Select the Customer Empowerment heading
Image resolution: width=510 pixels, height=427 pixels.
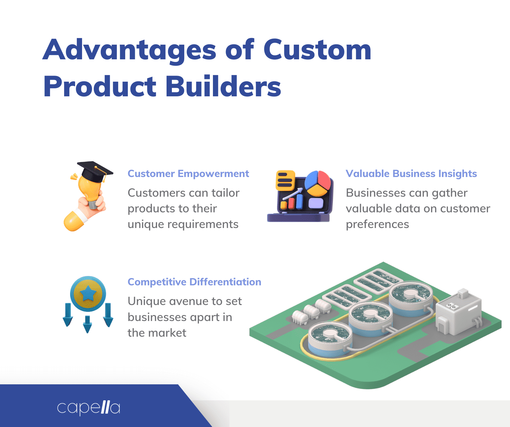coord(188,174)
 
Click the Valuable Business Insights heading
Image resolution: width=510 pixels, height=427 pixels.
coord(411,174)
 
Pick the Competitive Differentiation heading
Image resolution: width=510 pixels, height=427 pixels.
coord(194,282)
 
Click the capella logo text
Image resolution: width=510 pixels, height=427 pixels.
coord(88,407)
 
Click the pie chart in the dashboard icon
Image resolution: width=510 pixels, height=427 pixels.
coord(317,183)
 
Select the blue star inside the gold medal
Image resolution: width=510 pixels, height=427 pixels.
coord(88,293)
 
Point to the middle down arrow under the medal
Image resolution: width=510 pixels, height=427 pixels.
coord(87,324)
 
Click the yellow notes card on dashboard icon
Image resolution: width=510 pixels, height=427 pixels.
coord(285,180)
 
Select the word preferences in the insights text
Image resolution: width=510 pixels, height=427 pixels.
coord(377,224)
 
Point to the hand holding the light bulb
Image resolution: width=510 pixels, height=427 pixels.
coord(90,207)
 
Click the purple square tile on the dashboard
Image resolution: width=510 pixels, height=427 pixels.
coord(316,203)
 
